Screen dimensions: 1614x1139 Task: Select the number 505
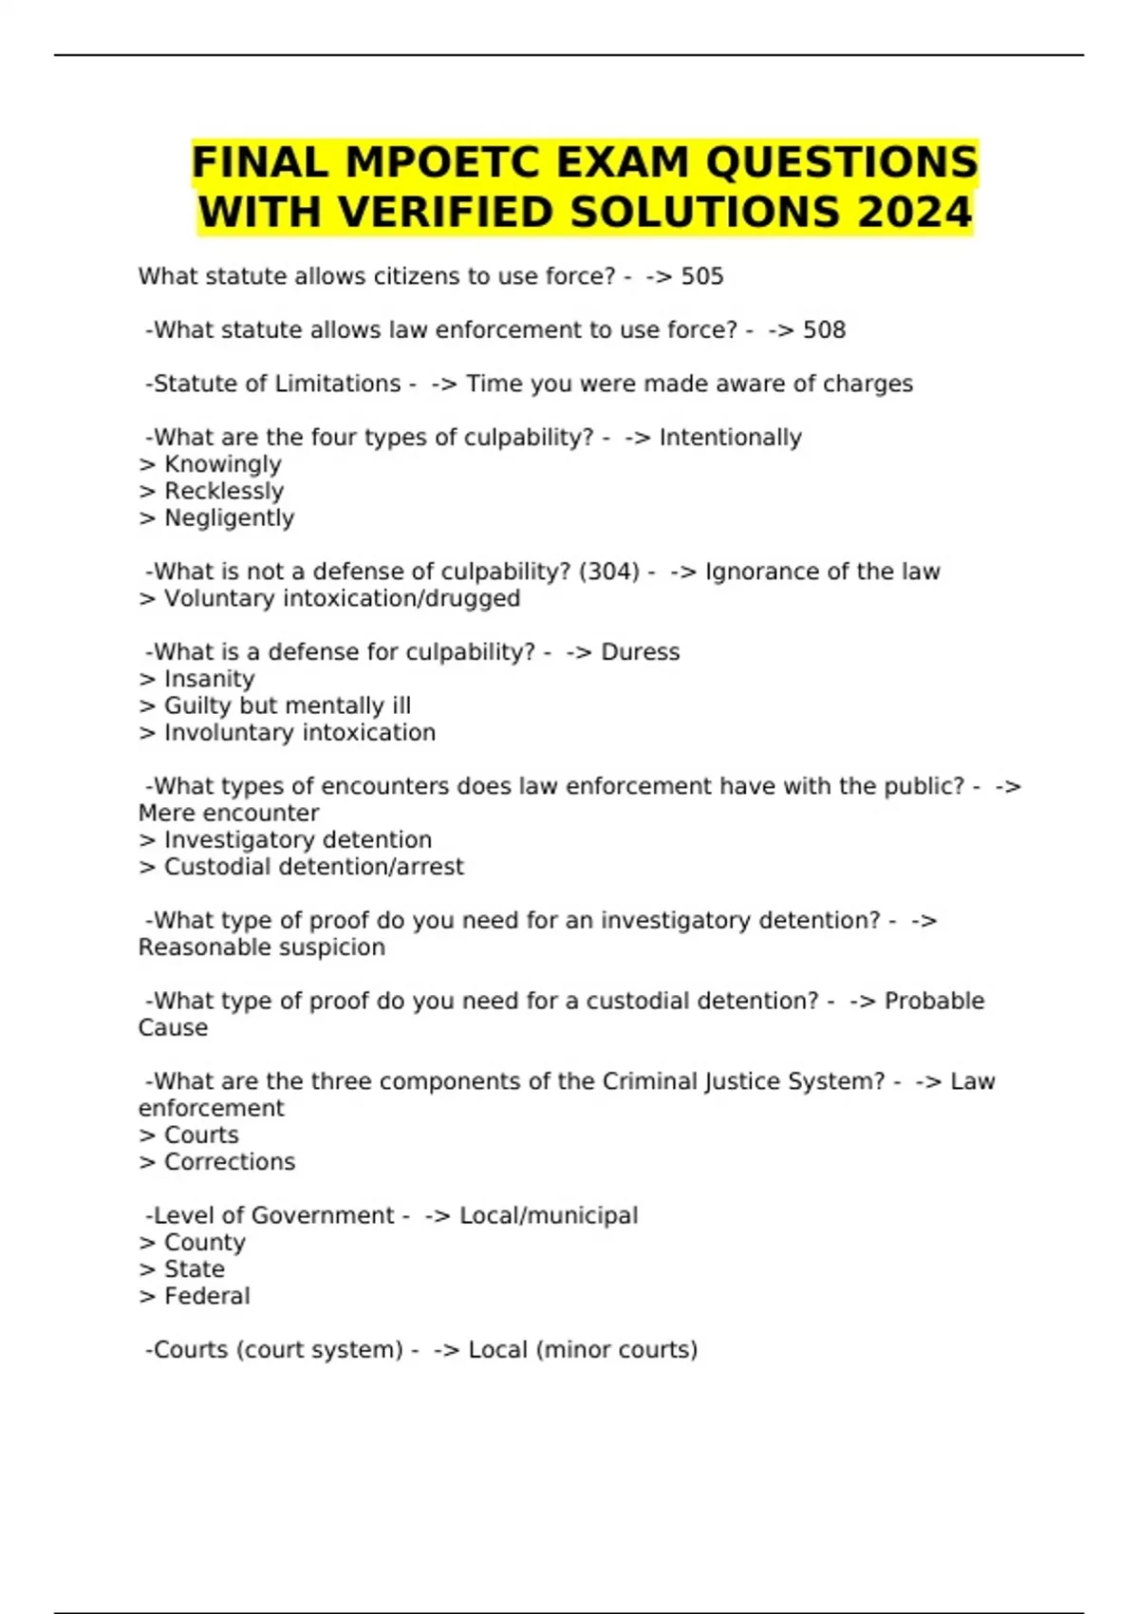coord(702,276)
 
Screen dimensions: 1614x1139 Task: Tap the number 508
coord(824,329)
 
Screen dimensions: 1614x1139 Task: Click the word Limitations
coord(338,384)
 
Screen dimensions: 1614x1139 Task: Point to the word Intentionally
coord(730,437)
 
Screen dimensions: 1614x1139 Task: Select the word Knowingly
coord(223,464)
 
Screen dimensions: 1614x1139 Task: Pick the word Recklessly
coord(224,491)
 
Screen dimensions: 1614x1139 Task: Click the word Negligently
coord(229,517)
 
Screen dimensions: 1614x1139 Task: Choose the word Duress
coord(641,652)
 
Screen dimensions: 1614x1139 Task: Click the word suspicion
coord(328,948)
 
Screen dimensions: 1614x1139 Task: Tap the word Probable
coord(934,1001)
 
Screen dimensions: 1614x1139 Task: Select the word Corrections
coord(230,1162)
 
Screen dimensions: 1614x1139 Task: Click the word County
coord(205,1243)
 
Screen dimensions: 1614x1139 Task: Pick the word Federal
coord(207,1296)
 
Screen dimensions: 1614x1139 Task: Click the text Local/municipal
coord(549,1215)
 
